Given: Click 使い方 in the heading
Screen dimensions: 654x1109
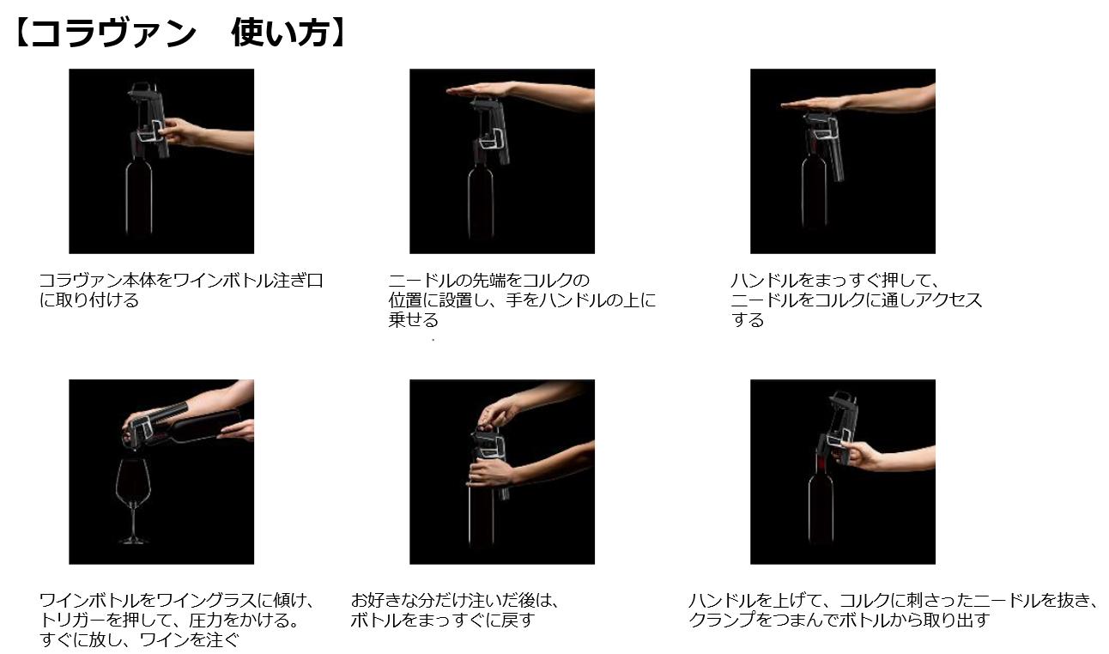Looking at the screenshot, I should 279,34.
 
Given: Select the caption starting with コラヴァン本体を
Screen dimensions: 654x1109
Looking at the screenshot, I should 180,290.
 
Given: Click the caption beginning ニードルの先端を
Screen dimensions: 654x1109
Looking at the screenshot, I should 521,300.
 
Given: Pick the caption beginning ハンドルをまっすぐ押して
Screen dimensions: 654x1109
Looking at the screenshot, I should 856,300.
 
